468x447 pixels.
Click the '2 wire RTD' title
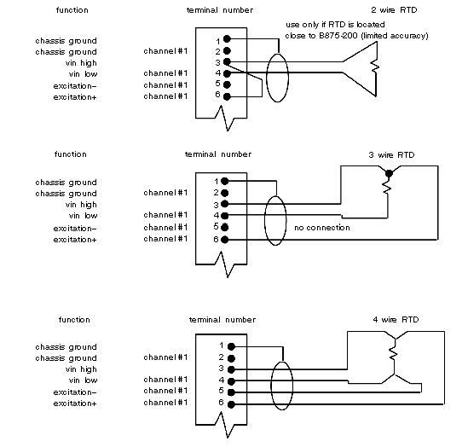(394, 10)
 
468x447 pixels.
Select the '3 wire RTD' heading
(391, 155)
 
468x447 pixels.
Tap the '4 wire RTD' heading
(396, 320)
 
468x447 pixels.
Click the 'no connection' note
(322, 228)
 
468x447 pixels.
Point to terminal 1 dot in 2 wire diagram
(227, 39)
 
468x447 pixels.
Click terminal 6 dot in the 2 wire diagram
(227, 96)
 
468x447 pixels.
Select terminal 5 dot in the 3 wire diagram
(225, 228)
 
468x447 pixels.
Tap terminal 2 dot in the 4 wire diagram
(231, 358)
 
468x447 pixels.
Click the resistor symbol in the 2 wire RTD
(375, 67)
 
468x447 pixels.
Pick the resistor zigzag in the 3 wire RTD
(387, 186)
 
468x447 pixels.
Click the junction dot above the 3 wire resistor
(389, 173)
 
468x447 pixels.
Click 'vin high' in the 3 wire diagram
(81, 205)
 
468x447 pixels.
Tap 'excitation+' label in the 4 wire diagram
(75, 403)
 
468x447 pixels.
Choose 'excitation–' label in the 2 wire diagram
(75, 86)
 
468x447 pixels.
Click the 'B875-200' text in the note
(338, 36)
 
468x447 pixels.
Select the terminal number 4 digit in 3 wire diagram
(217, 215)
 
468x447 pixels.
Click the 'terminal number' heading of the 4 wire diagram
(222, 320)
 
